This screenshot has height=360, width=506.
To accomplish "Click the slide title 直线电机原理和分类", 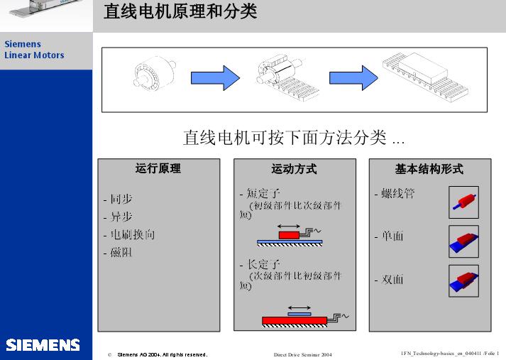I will [180, 12].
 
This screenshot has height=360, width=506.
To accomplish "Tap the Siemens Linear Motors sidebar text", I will [34, 50].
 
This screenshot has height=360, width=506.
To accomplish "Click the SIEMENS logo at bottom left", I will [43, 345].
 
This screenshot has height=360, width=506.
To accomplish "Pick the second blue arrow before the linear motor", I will [353, 78].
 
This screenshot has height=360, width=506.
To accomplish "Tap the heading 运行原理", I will [158, 169].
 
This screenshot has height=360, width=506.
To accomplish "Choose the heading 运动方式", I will [294, 169].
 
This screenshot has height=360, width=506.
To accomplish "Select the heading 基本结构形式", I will [429, 169].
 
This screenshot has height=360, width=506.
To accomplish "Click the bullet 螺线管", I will [397, 193].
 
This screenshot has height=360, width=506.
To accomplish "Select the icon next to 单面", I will [463, 241].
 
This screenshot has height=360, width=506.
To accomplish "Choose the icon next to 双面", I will [463, 280].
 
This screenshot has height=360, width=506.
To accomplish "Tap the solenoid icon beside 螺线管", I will [463, 202].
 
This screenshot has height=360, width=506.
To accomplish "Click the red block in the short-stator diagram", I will [289, 234].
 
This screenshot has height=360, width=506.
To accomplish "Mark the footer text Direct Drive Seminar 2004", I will [302, 354].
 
